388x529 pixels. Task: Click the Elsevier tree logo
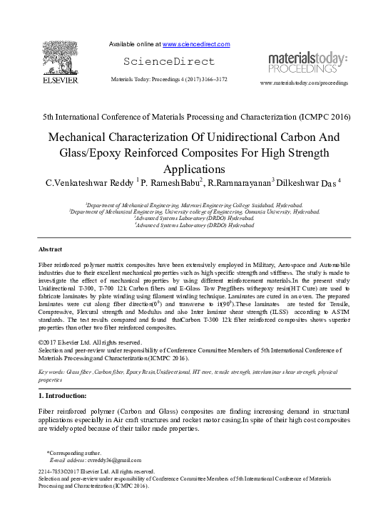[x=58, y=57]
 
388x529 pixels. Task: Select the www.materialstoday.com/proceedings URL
[x=305, y=83]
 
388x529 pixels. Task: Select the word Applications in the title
[x=193, y=169]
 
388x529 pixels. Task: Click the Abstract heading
[x=51, y=249]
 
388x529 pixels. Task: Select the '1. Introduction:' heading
[x=62, y=394]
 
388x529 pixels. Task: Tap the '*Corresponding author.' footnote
[x=75, y=453]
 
